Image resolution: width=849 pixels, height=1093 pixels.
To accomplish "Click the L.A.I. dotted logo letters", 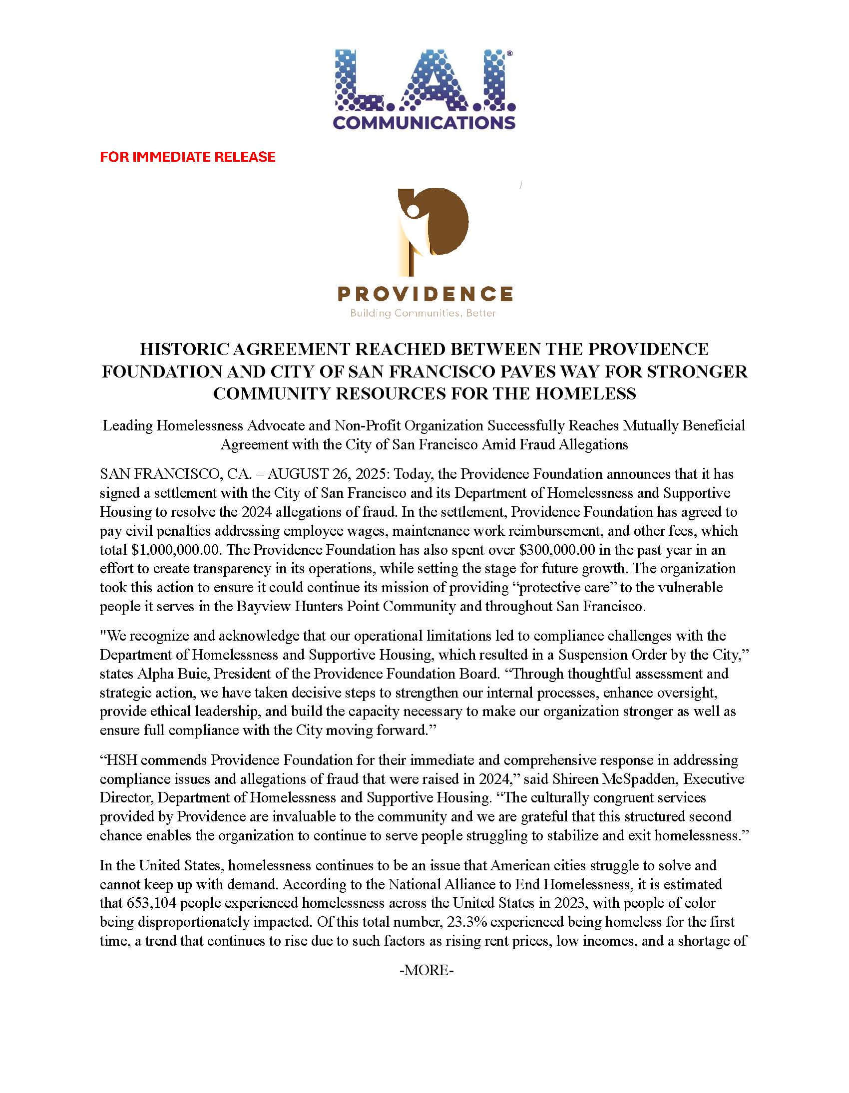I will point(424,80).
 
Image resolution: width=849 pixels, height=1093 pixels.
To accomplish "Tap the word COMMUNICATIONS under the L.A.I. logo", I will point(424,123).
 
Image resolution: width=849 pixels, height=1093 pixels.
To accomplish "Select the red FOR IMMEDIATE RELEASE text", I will point(188,157).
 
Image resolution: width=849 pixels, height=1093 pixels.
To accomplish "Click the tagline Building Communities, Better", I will point(423,313).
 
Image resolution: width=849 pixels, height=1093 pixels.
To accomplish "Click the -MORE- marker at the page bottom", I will point(426,970).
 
